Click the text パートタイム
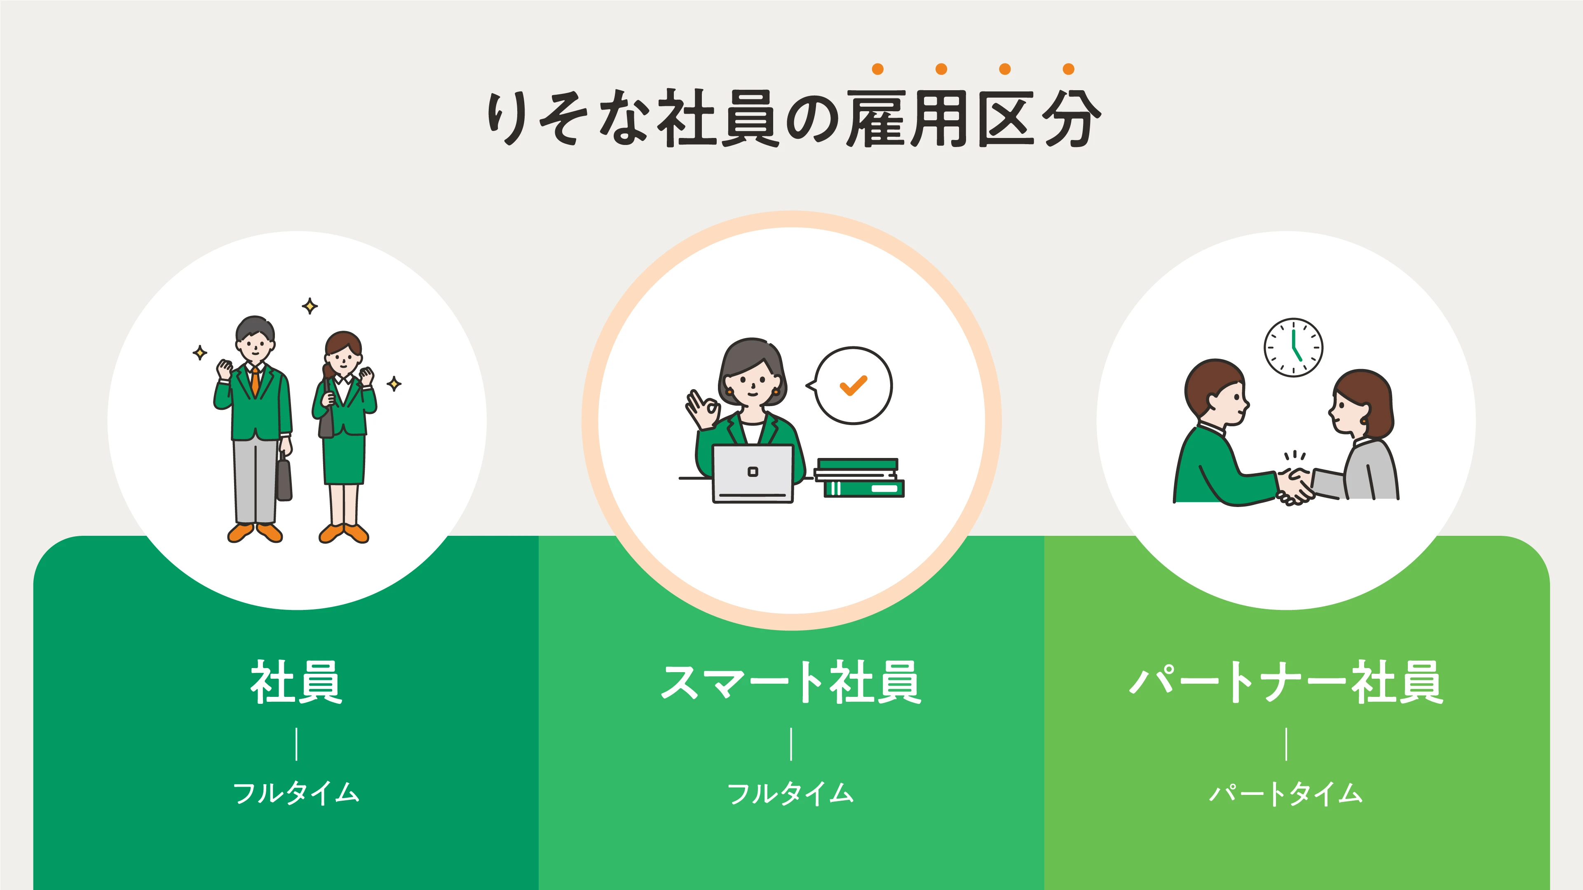(x=1286, y=793)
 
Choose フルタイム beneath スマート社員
(x=791, y=793)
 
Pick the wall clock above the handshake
(x=1294, y=347)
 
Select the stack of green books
(x=860, y=477)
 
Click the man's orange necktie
(x=254, y=381)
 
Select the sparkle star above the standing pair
(x=310, y=306)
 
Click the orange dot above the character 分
(x=1069, y=69)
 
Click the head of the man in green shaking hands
(x=1215, y=393)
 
